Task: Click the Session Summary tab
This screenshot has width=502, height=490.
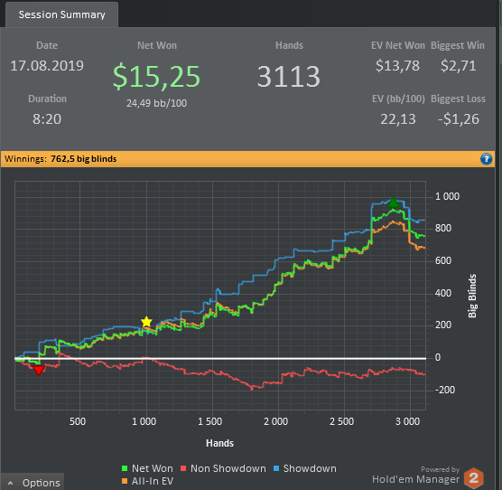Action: (x=61, y=14)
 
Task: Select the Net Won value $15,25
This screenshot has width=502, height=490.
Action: (x=156, y=76)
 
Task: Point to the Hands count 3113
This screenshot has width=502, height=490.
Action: (x=289, y=76)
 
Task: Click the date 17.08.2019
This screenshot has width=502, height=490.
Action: (x=47, y=66)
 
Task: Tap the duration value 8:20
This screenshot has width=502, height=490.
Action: (x=47, y=119)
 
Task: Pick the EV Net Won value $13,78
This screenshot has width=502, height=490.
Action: (x=397, y=66)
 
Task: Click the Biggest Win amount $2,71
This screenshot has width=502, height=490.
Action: (x=458, y=66)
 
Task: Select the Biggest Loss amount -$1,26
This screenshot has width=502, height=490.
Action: (x=459, y=119)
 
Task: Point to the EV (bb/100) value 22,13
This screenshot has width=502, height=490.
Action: (x=398, y=119)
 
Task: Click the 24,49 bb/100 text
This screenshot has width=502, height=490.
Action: (x=156, y=103)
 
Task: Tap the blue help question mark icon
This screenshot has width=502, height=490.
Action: (x=487, y=158)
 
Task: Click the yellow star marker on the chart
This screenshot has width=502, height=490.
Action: (x=146, y=322)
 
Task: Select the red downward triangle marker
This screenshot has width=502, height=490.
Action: (x=39, y=371)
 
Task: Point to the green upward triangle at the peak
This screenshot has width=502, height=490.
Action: (x=393, y=203)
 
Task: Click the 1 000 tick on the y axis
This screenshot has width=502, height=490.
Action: (x=447, y=196)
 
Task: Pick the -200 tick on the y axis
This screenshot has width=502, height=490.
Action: (x=445, y=390)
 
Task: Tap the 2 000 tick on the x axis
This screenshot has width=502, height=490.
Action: (x=275, y=421)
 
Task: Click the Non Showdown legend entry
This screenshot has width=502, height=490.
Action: (x=223, y=468)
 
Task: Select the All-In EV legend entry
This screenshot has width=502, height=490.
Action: (x=147, y=481)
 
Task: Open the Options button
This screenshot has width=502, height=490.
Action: (x=33, y=482)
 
